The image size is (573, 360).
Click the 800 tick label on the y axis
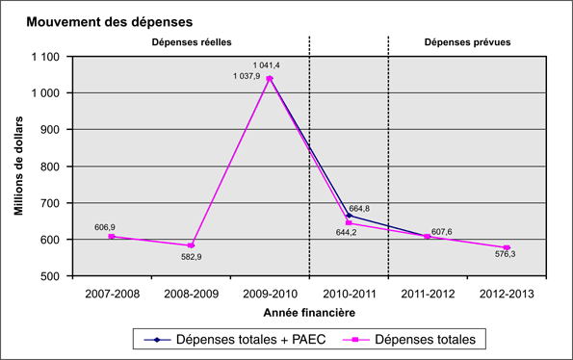click(x=50, y=167)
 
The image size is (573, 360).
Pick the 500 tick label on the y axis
click(x=50, y=276)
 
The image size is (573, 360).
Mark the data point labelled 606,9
click(x=111, y=237)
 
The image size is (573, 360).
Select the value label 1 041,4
click(x=266, y=64)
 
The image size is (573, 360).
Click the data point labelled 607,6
click(x=427, y=237)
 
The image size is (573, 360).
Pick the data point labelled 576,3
click(x=507, y=248)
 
